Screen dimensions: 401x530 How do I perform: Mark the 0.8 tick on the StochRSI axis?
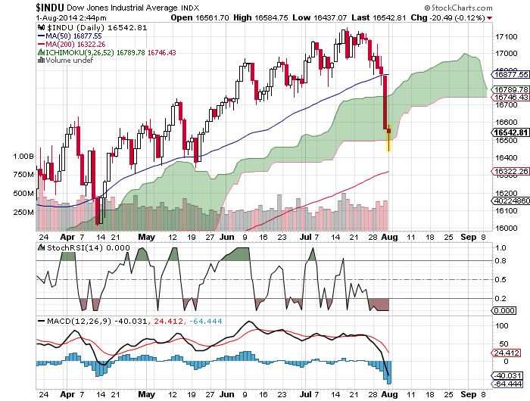tap(499, 261)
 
